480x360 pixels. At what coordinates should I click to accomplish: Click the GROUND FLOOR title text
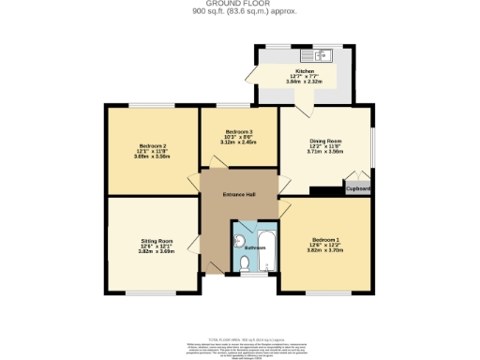pyautogui.click(x=239, y=5)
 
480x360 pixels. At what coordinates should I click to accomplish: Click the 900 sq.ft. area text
pyautogui.click(x=239, y=13)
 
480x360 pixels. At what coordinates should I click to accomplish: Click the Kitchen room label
pyautogui.click(x=305, y=70)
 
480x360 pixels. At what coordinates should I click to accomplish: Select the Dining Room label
pyautogui.click(x=325, y=141)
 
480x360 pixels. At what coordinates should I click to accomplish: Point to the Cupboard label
pyautogui.click(x=358, y=188)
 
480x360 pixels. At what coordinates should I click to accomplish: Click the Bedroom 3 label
pyautogui.click(x=239, y=132)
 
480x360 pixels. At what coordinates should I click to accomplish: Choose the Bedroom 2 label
pyautogui.click(x=152, y=146)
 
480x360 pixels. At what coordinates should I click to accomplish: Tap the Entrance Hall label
pyautogui.click(x=239, y=194)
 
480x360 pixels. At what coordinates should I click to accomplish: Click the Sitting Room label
pyautogui.click(x=152, y=241)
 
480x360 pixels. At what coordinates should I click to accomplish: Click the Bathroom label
pyautogui.click(x=255, y=247)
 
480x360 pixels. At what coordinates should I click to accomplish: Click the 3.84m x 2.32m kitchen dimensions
pyautogui.click(x=305, y=82)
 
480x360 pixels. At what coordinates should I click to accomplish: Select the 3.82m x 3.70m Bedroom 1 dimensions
pyautogui.click(x=325, y=251)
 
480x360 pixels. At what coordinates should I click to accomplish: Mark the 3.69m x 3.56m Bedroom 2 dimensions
pyautogui.click(x=152, y=157)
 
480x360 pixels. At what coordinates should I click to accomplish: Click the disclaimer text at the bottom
pyautogui.click(x=240, y=348)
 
